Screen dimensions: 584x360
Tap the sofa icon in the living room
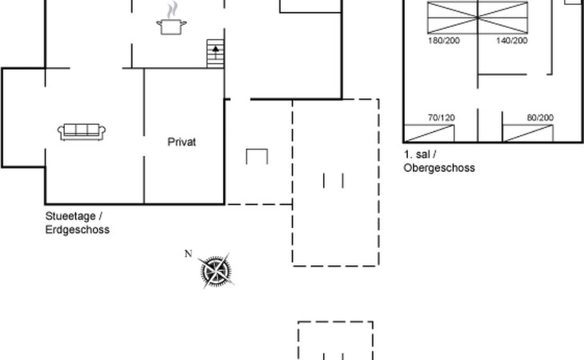coord(82,132)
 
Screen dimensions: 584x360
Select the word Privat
coord(182,142)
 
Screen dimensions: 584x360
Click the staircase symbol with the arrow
coord(215,54)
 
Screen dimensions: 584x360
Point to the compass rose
coord(216,270)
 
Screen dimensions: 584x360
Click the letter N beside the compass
coord(188,254)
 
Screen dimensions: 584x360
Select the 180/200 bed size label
coord(443,40)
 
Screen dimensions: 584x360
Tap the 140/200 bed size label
coord(512,40)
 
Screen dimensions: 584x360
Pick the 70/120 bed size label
coord(442,118)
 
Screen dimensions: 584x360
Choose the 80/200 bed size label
coord(540,118)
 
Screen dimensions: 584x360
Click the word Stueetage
coord(70,216)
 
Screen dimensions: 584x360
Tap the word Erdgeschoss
coord(78,230)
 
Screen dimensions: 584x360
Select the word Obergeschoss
coord(439,167)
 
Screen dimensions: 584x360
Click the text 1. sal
coord(417,154)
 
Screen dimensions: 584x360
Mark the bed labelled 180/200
coord(453,18)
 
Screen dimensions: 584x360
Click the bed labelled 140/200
coord(503,18)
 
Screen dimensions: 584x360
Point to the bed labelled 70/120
coord(429,134)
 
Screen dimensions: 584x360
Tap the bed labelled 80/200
coord(528,134)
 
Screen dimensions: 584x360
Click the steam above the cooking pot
coord(172,10)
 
